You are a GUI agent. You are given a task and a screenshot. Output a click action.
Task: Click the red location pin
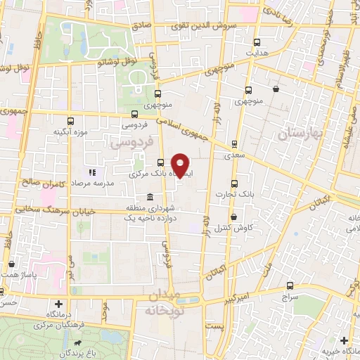tap(181, 165)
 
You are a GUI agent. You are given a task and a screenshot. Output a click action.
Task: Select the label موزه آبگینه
tap(70, 131)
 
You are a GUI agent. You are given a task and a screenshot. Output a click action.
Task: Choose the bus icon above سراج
tap(290, 285)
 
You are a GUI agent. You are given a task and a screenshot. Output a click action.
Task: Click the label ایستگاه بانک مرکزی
tap(156, 172)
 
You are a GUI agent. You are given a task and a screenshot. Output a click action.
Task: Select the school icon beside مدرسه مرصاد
tap(91, 172)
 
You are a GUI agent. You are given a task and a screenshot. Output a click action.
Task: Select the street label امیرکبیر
tap(240, 295)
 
